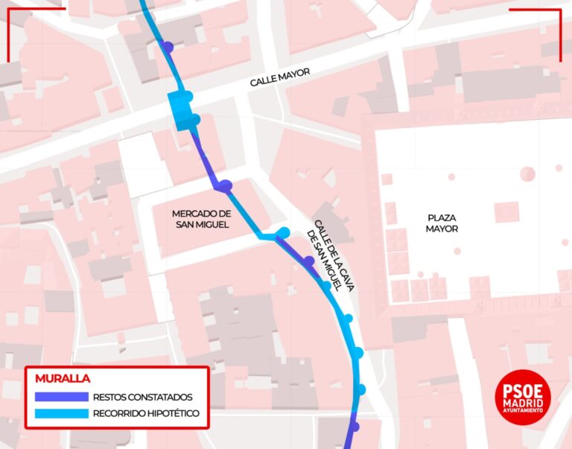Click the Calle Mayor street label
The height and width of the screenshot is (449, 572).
[279, 77]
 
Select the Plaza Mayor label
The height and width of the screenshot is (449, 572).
[442, 223]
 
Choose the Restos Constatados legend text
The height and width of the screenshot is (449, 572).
[142, 397]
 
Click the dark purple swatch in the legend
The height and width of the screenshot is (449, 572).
[60, 397]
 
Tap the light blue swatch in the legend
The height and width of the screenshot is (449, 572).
[60, 413]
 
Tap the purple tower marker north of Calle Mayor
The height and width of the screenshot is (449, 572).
[168, 47]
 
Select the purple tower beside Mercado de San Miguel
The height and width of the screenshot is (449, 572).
[225, 185]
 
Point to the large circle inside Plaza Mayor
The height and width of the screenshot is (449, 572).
[527, 173]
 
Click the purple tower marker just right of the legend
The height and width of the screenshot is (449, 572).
[355, 427]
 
